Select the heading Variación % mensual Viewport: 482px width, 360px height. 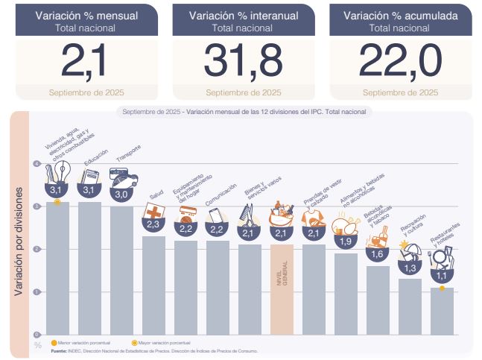point(86,15)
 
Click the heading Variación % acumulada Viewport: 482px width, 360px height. point(400,15)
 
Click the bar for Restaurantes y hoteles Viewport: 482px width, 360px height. point(441,310)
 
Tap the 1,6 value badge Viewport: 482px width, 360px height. point(378,254)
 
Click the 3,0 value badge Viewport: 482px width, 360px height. point(121,194)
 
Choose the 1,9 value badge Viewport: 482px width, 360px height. point(346,241)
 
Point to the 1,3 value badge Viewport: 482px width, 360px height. point(409,268)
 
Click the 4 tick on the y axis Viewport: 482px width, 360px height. point(37,163)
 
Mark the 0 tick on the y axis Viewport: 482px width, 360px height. point(37,334)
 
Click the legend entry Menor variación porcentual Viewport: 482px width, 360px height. point(79,342)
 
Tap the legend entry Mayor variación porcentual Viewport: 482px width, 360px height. point(158,342)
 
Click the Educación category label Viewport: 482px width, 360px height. point(97,162)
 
